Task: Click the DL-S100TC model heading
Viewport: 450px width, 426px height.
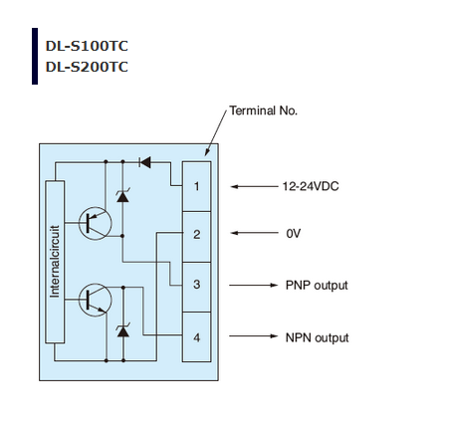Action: [87, 46]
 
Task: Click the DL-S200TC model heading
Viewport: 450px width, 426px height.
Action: [87, 67]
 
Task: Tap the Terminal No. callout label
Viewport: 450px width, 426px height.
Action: [263, 110]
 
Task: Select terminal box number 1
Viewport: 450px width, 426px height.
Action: [197, 186]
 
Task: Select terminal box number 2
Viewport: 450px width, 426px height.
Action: [197, 237]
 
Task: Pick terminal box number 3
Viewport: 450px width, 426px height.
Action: [197, 287]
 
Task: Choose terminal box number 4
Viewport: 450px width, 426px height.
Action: [197, 336]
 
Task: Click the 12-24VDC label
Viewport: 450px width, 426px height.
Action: [311, 186]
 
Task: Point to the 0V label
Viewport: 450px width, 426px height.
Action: [294, 234]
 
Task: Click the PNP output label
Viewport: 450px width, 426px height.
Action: [317, 286]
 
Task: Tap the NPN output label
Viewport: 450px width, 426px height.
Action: [317, 337]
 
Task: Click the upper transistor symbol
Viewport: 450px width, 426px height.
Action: [95, 223]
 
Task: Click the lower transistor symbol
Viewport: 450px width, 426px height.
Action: [95, 300]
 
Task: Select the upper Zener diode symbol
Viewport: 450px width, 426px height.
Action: [122, 196]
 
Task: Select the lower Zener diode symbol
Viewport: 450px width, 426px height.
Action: [123, 330]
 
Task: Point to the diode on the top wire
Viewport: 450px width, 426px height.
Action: [145, 162]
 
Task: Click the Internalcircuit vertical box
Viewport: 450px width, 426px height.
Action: [55, 262]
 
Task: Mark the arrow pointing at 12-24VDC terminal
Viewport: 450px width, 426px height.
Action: [254, 187]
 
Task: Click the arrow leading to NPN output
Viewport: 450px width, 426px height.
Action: [253, 336]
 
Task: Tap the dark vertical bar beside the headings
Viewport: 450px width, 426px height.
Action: [35, 56]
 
